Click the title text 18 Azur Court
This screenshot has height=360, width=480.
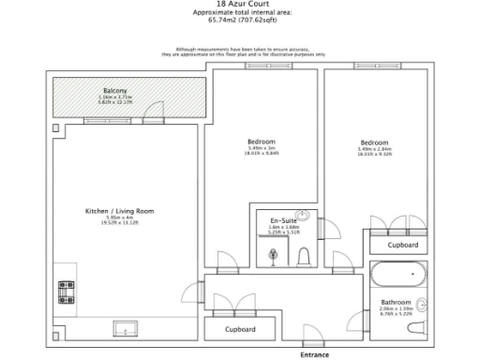coord(241,4)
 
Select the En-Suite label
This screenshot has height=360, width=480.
coord(283,218)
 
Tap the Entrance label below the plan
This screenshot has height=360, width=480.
coord(314,355)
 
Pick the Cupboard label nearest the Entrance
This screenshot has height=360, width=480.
coord(242,330)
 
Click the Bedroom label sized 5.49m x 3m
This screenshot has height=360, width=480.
coord(262,141)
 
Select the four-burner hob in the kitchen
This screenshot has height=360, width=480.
coord(67,292)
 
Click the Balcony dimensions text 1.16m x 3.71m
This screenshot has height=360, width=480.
coord(115,97)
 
